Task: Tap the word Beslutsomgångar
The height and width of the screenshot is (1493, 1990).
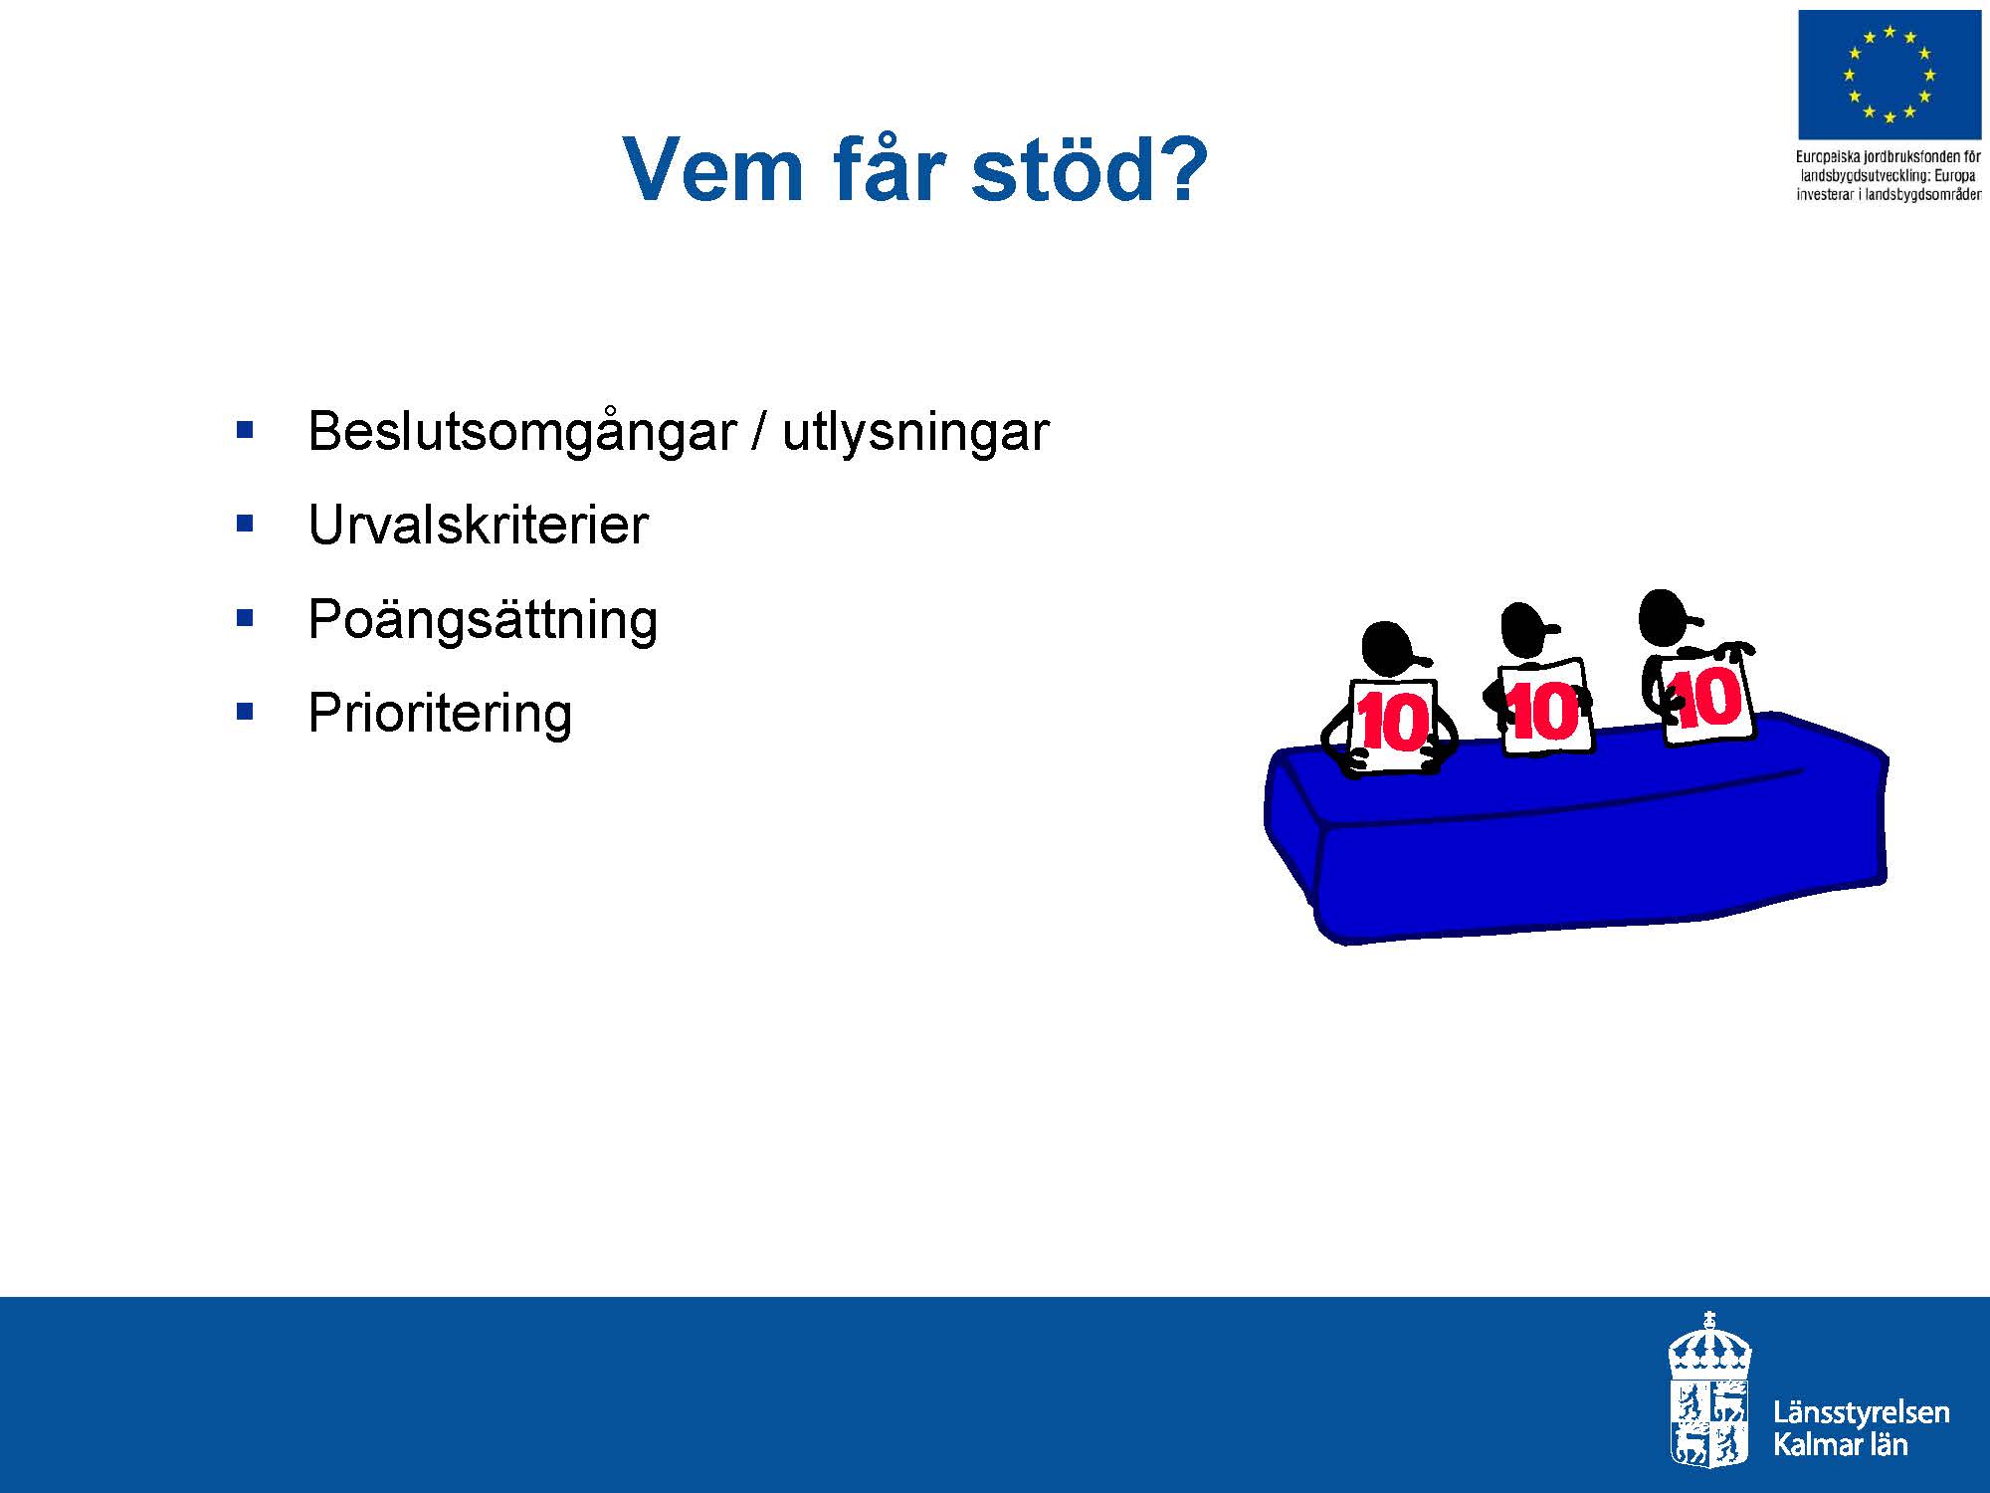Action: (522, 433)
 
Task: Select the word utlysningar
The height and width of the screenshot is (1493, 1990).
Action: (915, 432)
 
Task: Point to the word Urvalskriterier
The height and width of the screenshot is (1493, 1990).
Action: (478, 525)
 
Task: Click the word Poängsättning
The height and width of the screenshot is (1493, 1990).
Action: (483, 620)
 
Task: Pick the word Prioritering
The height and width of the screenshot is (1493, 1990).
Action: (440, 714)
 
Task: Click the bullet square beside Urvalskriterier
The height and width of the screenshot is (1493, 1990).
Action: (245, 525)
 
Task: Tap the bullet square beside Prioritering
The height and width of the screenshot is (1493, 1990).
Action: (245, 713)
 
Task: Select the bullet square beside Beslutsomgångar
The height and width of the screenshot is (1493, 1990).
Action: (245, 431)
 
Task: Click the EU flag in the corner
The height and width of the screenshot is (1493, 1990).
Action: (1889, 75)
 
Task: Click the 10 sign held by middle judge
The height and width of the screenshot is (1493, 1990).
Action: (1544, 708)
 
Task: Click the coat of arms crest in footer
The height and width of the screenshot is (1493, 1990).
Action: (1708, 1389)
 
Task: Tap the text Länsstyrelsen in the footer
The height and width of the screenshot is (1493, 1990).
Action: (1861, 1413)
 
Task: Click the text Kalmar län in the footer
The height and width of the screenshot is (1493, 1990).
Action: (1841, 1444)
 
